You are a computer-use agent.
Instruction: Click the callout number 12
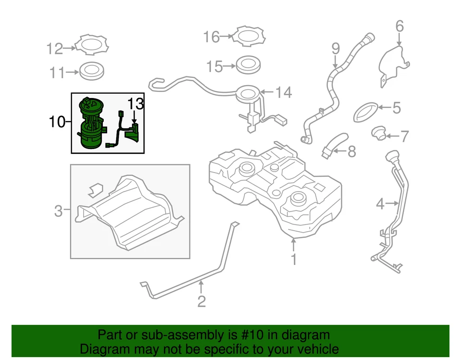55,49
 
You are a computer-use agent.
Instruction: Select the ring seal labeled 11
91,71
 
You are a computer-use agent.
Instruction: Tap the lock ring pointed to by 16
248,36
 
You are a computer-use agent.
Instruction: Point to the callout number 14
283,92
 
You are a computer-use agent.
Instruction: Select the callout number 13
135,103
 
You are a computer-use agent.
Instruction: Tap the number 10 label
56,122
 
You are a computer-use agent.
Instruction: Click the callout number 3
58,211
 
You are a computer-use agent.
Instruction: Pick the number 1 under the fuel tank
293,260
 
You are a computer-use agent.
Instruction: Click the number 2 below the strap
201,301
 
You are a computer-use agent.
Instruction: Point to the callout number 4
380,204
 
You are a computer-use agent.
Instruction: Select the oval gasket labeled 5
367,111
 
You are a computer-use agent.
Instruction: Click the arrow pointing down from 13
135,117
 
